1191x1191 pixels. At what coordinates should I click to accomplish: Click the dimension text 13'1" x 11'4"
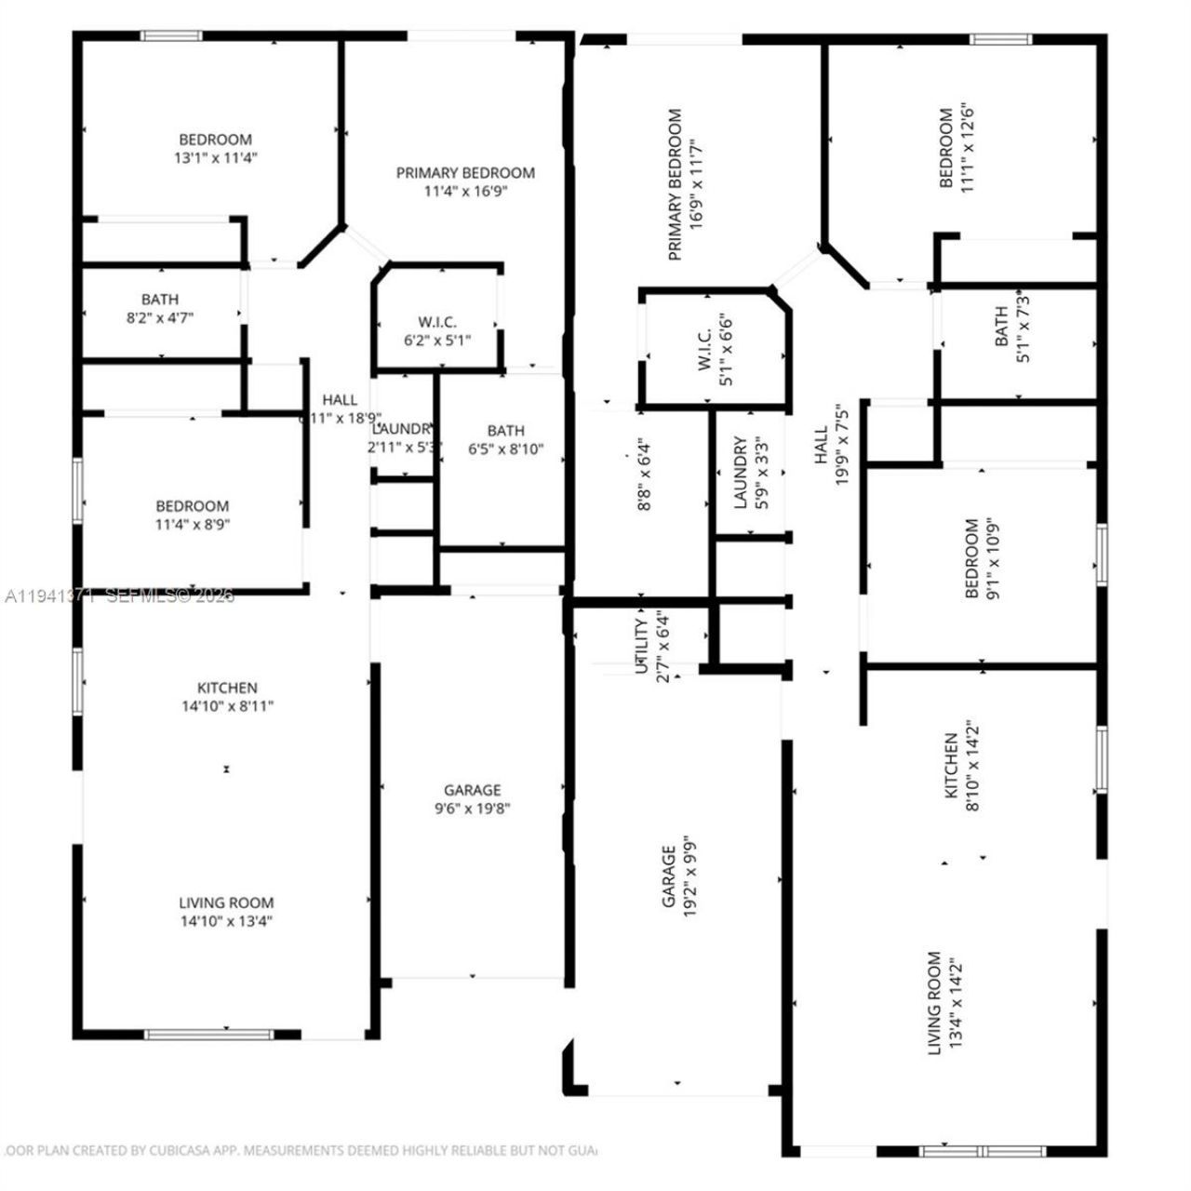(215, 158)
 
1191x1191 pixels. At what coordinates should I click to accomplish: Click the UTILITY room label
(641, 646)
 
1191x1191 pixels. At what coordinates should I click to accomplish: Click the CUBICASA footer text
(298, 1151)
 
